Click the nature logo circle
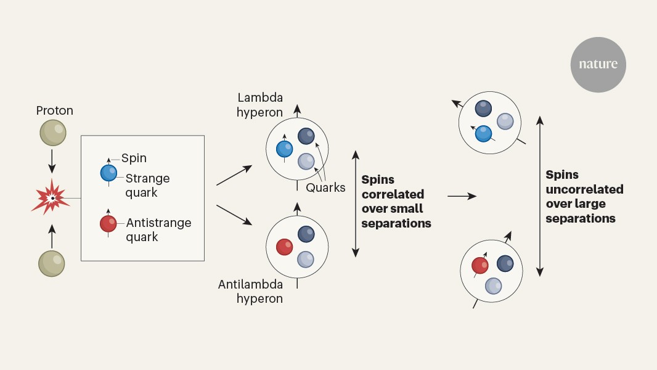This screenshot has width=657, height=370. tap(598, 65)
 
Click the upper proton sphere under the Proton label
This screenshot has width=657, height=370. tap(53, 133)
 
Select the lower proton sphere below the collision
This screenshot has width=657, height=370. tap(52, 263)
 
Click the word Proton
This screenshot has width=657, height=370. tap(54, 111)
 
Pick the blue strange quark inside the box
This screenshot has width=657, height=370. tap(109, 173)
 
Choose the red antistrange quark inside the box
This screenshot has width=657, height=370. tap(109, 223)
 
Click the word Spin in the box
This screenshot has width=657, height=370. tap(134, 158)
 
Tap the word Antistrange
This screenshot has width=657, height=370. tap(158, 223)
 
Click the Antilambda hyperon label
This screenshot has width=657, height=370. tap(250, 292)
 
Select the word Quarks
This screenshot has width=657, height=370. tap(325, 187)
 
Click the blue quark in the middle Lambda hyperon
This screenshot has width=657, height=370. tap(285, 149)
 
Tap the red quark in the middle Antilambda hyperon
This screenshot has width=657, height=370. tap(284, 247)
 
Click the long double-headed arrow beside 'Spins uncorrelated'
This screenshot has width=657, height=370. tap(540, 196)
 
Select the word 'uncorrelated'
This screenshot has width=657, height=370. tap(584, 189)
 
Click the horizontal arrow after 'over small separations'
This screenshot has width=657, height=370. tap(462, 196)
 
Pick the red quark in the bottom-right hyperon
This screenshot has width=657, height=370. tap(480, 266)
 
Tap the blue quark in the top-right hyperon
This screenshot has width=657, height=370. tap(484, 133)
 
